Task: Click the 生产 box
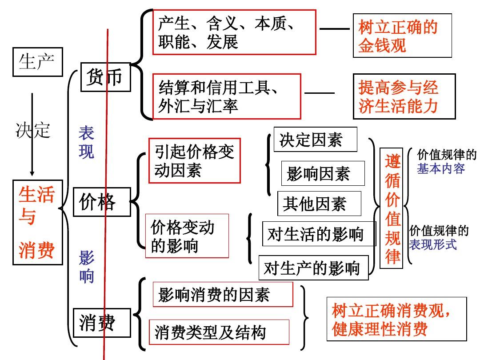(37, 62)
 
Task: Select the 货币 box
(105, 77)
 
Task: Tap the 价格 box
(101, 202)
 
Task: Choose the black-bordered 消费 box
(101, 322)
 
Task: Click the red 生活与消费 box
(37, 222)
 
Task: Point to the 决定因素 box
(315, 140)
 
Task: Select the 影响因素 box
(323, 173)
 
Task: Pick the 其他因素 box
(319, 204)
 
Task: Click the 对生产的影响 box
(313, 268)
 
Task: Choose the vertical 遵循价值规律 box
(392, 208)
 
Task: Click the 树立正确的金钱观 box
(402, 36)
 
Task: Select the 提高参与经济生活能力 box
(404, 96)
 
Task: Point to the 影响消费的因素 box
(223, 294)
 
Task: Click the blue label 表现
(86, 142)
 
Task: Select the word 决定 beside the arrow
(33, 130)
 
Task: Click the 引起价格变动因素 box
(194, 160)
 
